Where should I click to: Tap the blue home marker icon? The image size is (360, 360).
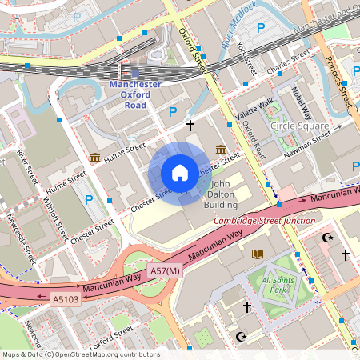pos(180,173)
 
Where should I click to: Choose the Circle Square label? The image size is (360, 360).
pos(299,126)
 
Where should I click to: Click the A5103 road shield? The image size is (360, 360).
pos(66,299)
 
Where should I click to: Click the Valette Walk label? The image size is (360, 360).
pos(254,110)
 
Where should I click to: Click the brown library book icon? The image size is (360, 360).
pos(258,254)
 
